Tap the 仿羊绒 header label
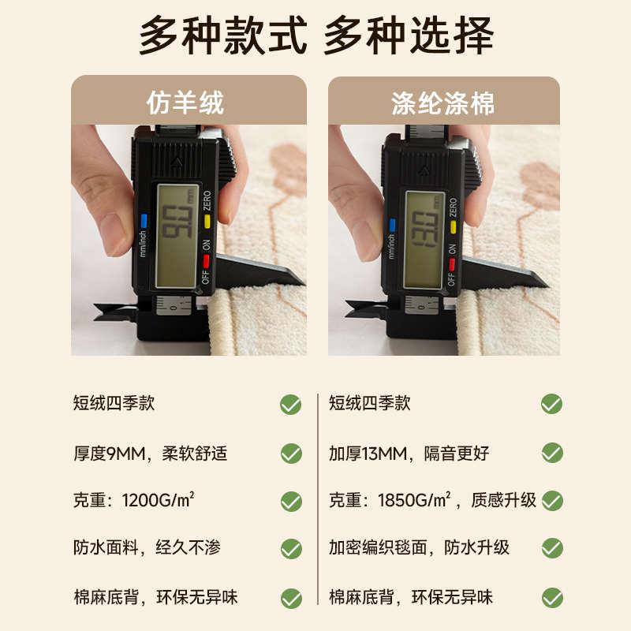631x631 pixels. pos(186,103)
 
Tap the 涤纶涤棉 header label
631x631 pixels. pos(442,103)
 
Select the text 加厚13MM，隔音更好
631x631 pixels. pos(409,454)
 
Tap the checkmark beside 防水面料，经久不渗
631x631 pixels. pos(291,549)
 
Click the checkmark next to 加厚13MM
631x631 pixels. pos(551,454)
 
